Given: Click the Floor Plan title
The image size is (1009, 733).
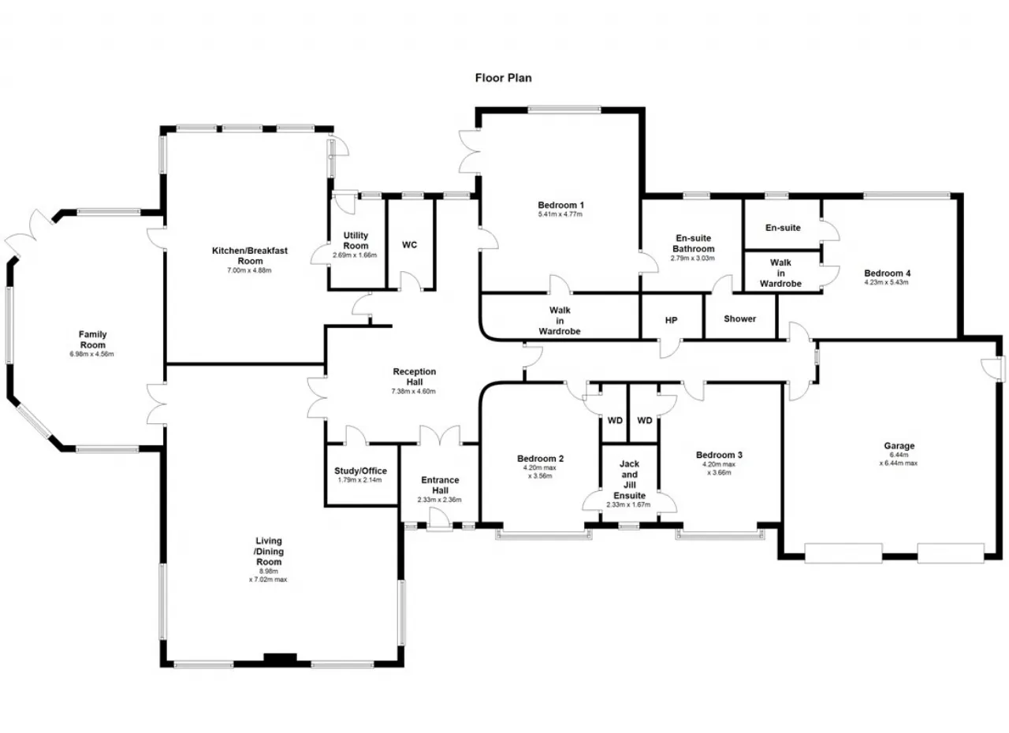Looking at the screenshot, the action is coord(503,78).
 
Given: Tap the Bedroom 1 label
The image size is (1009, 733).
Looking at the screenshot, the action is coord(560,205).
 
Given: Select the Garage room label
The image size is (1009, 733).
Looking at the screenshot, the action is coord(899,446).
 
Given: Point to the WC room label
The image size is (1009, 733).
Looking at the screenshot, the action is coord(409,245).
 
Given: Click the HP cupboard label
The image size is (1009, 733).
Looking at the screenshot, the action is coord(671,320).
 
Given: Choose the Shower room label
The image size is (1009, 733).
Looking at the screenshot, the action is coord(739,318).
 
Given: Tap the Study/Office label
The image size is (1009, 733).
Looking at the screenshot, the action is coord(360,471).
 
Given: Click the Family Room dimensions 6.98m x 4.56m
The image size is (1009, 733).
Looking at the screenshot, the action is coord(92,354).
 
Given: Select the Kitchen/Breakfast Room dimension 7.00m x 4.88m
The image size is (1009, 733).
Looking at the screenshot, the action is coord(250,270).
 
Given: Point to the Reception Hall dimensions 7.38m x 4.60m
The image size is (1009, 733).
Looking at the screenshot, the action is coord(414,391).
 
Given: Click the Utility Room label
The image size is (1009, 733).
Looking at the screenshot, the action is coord(356,240).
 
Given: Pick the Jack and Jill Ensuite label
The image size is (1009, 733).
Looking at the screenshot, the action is coord(629,479).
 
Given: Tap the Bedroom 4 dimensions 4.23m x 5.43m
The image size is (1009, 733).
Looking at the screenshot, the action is coord(887,282).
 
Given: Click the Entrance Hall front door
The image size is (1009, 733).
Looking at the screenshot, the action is coord(439,520).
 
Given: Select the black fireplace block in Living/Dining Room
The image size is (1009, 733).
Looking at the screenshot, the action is coord(280,658).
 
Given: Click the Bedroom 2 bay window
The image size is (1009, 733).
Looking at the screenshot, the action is coord(544,534).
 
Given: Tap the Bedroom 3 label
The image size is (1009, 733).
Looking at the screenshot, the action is coord(719,455).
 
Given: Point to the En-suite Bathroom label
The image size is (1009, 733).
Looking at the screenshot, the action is coord(693,243).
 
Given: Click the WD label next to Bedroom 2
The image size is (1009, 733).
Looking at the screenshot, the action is coord(615,420).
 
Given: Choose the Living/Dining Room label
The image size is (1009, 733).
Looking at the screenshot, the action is coord(269,551).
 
